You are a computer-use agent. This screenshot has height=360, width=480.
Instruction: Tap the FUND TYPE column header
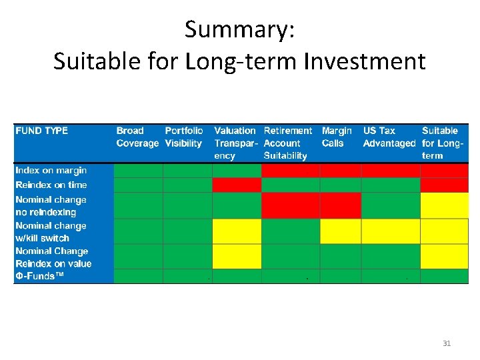(41, 131)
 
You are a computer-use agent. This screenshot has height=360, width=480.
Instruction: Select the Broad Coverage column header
(137, 137)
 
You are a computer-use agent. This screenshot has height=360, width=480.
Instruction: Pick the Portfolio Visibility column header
(184, 137)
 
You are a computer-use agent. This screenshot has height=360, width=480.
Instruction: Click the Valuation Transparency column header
(235, 143)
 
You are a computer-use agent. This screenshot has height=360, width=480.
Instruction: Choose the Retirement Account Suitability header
(288, 143)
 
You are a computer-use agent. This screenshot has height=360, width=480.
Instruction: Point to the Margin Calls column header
(337, 137)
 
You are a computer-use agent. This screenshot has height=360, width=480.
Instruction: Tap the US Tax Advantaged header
(389, 137)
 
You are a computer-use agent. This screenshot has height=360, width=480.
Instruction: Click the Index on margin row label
(51, 171)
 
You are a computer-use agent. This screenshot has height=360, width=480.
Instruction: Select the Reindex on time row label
(51, 185)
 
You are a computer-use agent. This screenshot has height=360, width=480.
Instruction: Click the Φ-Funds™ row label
(40, 276)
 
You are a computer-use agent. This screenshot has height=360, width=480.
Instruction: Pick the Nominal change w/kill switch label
(51, 231)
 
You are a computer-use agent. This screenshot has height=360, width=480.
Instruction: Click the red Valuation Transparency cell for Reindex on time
(237, 185)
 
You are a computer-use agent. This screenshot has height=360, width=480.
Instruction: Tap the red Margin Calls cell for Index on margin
(341, 171)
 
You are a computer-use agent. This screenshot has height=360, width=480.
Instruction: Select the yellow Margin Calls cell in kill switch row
(341, 231)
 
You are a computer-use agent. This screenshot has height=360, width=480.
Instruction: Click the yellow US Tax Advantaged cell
(391, 231)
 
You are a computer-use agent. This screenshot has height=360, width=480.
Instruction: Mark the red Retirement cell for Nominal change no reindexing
(291, 205)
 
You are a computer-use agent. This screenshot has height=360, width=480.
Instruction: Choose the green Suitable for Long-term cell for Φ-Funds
(445, 276)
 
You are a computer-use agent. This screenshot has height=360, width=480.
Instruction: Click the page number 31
(447, 343)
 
